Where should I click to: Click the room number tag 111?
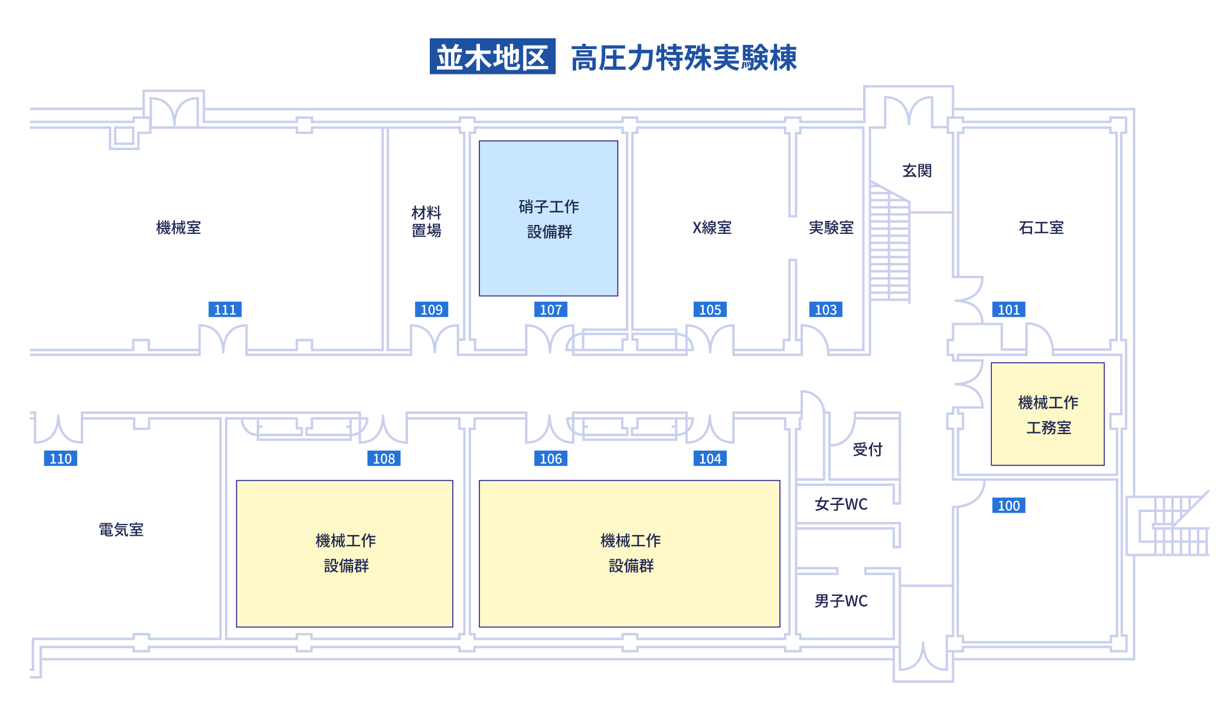click(x=225, y=309)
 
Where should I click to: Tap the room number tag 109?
click(x=431, y=309)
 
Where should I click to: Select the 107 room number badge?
click(x=550, y=309)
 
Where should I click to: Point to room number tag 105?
click(x=710, y=309)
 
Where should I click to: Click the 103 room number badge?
click(x=825, y=309)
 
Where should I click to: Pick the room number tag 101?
click(x=1008, y=309)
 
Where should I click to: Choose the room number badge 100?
click(x=1008, y=506)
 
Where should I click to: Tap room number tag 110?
click(x=60, y=458)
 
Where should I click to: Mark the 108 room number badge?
click(x=384, y=458)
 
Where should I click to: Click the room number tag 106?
click(x=550, y=458)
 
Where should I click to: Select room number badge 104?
click(x=710, y=458)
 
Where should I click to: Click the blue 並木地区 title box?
click(x=492, y=57)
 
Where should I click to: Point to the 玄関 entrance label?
click(x=917, y=171)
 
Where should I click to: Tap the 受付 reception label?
click(x=867, y=449)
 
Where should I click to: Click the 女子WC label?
click(x=841, y=504)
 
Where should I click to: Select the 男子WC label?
click(x=841, y=601)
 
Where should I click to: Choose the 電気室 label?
click(x=121, y=530)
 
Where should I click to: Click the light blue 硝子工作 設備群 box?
click(x=548, y=219)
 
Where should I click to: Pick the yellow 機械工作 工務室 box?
click(x=1047, y=414)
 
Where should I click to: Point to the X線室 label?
click(x=712, y=227)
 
